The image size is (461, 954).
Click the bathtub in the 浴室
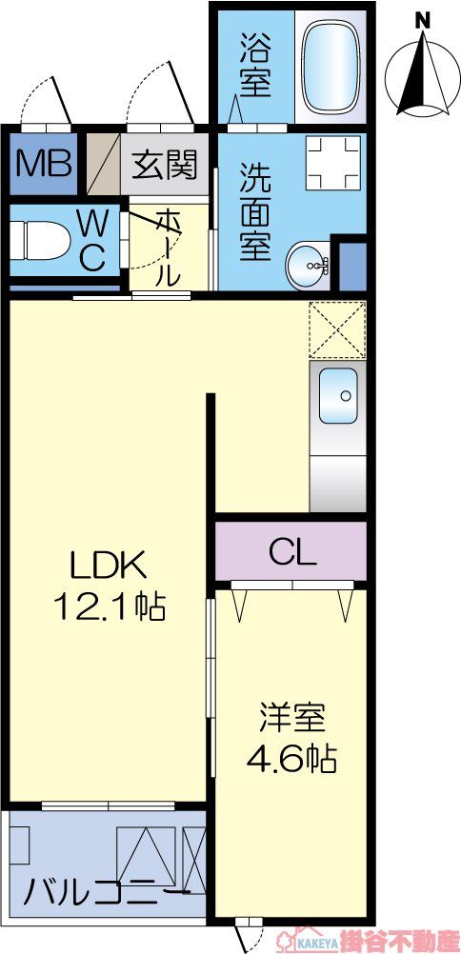[330, 65]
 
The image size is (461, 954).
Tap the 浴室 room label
[255, 65]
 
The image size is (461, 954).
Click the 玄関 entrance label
[164, 166]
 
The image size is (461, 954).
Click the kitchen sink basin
[337, 394]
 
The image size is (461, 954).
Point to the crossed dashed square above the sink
[337, 329]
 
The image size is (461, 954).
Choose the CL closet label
[291, 551]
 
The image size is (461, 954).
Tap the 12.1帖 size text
[112, 606]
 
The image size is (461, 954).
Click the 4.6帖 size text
[291, 759]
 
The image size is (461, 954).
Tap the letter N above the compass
[423, 19]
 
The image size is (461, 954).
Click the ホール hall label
[168, 248]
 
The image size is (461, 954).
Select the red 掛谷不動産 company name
[404, 941]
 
